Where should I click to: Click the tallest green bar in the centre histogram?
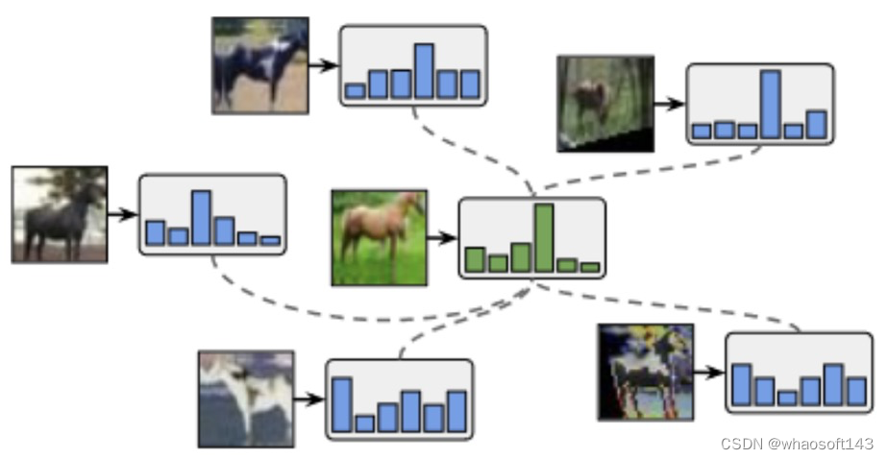coord(544,238)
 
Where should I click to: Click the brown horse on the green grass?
coord(379,237)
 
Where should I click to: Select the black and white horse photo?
coord(259,65)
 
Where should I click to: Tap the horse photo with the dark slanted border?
coord(605,103)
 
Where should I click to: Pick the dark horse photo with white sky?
coord(59,214)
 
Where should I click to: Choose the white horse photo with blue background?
coord(246,399)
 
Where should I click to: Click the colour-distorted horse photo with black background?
coord(645,372)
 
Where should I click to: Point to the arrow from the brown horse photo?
coord(442,237)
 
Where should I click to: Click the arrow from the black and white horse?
coord(324,65)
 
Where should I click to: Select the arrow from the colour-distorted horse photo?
coord(708,372)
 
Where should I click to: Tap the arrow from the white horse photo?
coord(309,399)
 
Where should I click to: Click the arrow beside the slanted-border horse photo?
coord(670,103)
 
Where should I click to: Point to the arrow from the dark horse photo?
coord(122,214)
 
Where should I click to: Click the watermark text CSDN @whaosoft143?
coord(797,444)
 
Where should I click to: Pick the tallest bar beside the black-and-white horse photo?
coord(424,70)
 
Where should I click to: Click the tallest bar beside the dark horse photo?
coord(201,217)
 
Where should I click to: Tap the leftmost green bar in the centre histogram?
coord(474,259)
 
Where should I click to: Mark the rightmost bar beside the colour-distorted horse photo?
coord(856,390)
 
